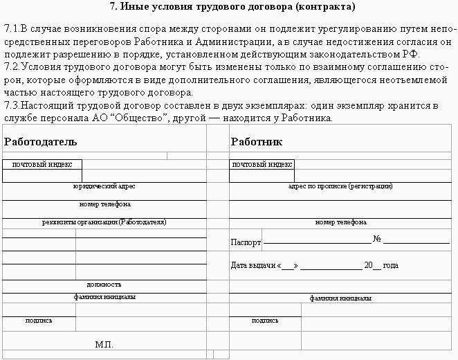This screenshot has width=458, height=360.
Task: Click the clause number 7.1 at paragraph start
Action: point(11,30)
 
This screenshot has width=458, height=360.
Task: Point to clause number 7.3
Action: point(11,106)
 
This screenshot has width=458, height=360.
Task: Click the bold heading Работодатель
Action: point(40,142)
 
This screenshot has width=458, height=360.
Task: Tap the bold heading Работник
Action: point(256,142)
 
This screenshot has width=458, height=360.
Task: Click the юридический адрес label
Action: point(104,187)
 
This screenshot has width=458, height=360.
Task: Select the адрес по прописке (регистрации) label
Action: point(340,187)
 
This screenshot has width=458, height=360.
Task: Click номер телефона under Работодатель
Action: point(105,204)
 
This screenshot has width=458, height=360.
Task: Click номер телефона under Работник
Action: point(340,222)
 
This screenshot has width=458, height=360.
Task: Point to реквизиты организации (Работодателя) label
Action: point(104,222)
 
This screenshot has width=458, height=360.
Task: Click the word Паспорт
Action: point(246,243)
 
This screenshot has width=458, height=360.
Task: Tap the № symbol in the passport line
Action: point(377,240)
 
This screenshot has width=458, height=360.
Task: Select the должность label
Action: point(104,285)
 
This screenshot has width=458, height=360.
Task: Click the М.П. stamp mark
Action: point(104,344)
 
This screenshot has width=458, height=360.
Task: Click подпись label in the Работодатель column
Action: point(39,321)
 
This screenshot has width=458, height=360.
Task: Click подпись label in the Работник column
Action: point(265,321)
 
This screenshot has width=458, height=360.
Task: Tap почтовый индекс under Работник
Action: point(262,165)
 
